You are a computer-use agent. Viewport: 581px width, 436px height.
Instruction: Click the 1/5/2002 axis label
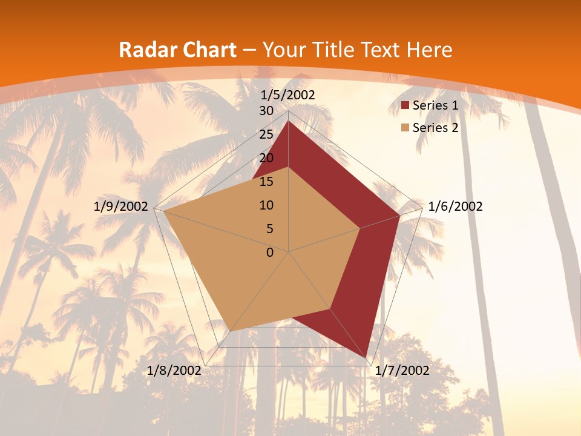point(288,95)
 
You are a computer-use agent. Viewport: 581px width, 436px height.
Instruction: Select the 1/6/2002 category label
point(455,206)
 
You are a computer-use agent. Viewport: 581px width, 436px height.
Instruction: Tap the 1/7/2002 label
point(402,371)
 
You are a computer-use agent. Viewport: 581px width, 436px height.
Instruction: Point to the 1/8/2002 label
point(174,371)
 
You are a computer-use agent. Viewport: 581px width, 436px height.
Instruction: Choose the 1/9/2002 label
point(121,206)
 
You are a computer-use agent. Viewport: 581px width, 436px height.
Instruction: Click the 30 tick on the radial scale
point(266,111)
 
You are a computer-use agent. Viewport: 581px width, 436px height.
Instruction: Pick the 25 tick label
point(266,134)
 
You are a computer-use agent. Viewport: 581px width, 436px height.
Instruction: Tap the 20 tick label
point(266,158)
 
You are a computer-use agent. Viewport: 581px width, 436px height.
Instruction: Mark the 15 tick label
point(266,182)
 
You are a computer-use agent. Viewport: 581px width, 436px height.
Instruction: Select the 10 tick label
point(266,205)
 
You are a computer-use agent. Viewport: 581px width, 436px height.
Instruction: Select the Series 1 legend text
point(435,105)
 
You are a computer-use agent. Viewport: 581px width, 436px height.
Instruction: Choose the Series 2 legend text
point(435,128)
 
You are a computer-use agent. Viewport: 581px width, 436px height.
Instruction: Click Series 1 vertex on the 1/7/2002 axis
point(366,358)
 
